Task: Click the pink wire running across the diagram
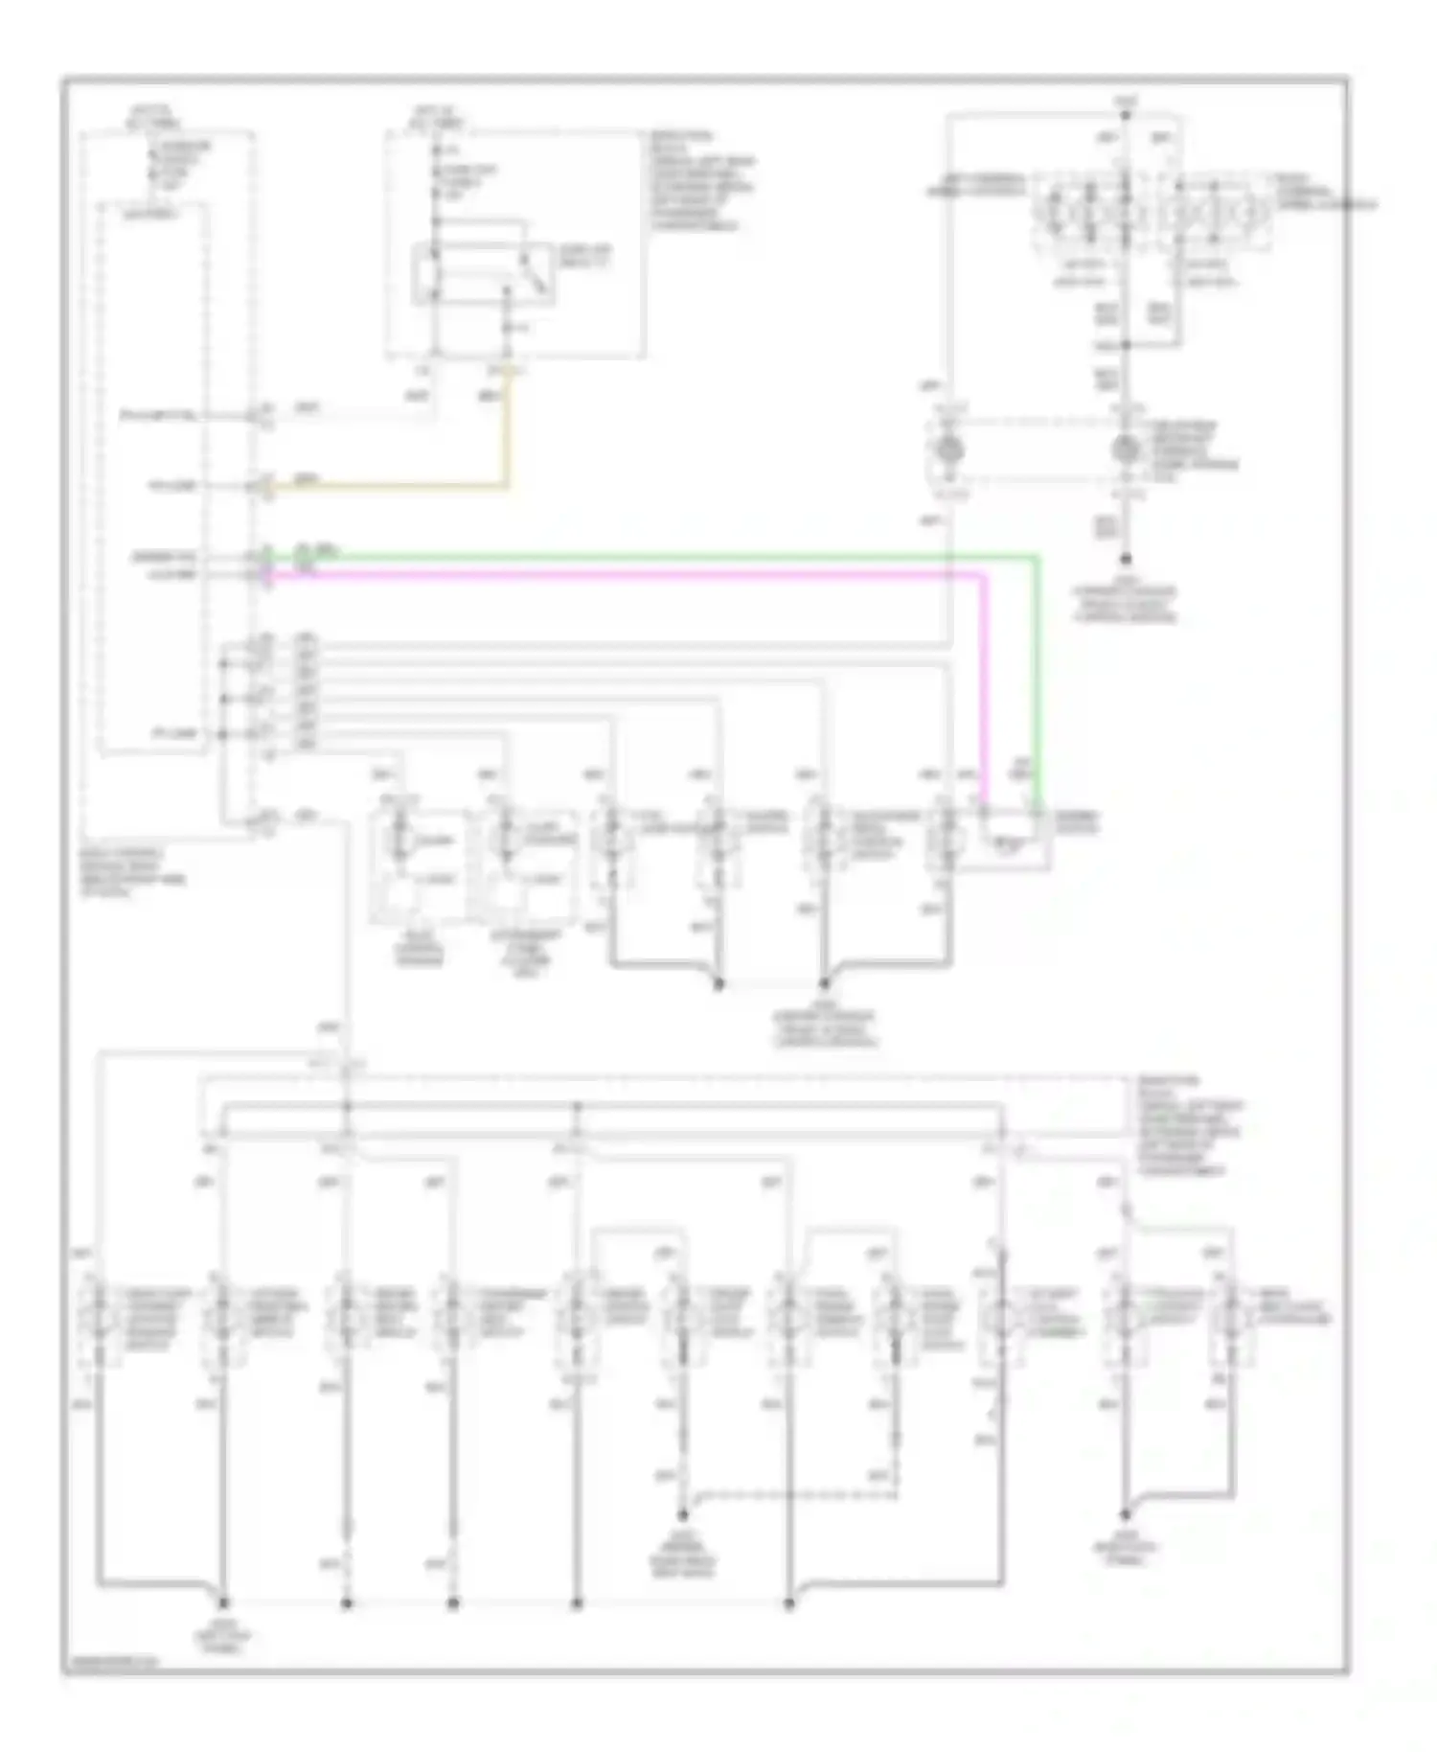[x=623, y=575]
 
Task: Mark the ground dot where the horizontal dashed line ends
[x=683, y=1515]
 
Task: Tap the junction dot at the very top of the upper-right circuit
[x=1126, y=115]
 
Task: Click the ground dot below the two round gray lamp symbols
[x=1126, y=559]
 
